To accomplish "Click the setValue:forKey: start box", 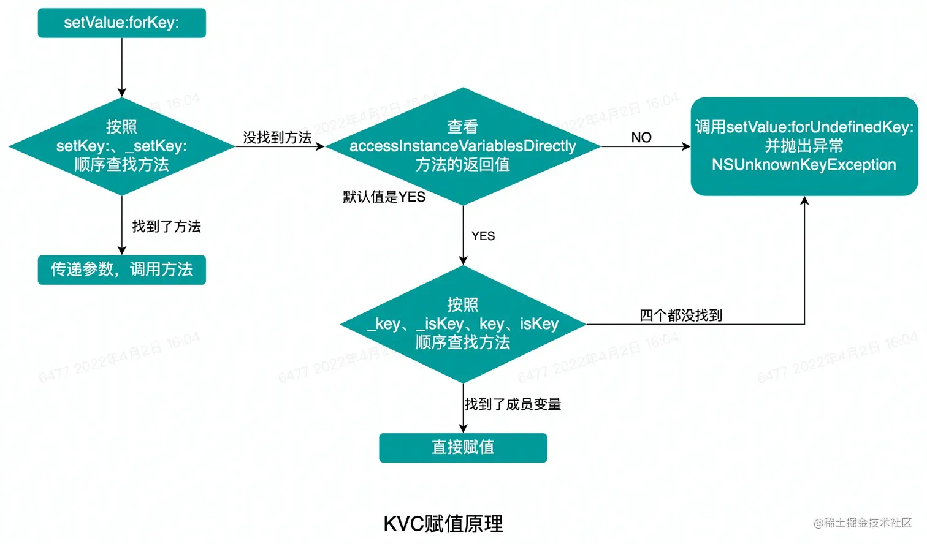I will click(x=121, y=23).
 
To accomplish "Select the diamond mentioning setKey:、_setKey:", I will click(x=121, y=146).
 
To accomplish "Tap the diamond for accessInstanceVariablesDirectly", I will click(x=463, y=146).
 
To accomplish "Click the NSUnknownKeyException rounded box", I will click(x=804, y=146).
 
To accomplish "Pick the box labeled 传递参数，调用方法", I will click(x=121, y=270).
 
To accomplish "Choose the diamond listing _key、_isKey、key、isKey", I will click(x=463, y=323).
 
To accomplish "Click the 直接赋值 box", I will click(x=463, y=447).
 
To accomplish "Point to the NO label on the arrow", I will click(x=641, y=137).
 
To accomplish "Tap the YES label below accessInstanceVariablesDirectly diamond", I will click(x=483, y=236).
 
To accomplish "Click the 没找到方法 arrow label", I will click(x=277, y=137).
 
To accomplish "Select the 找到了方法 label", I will click(x=167, y=226).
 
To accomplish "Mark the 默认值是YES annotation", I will click(x=384, y=197).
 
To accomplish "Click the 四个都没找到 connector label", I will click(x=681, y=315).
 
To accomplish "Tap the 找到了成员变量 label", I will click(x=513, y=404).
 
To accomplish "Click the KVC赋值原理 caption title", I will click(x=443, y=524).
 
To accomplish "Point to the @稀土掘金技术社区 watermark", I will click(x=863, y=523).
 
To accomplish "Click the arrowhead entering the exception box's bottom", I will click(x=804, y=201).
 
